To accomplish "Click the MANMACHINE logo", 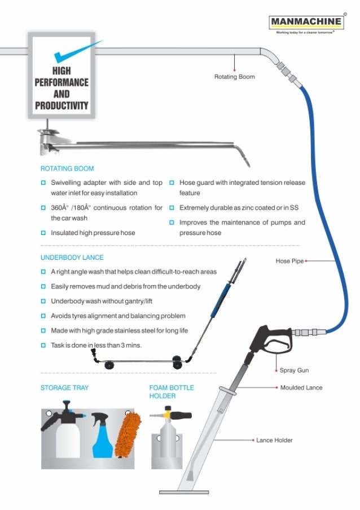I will click(306, 23).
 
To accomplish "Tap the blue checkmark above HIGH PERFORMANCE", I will click(73, 51).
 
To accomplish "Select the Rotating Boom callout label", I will click(234, 77).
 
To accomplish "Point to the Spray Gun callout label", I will click(294, 370).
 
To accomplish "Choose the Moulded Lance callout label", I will click(301, 388).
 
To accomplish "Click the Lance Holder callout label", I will click(274, 439).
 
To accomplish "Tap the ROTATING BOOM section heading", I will click(67, 168).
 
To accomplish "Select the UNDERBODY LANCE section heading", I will click(72, 258).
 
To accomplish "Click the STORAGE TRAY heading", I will click(64, 388).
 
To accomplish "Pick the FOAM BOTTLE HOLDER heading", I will click(171, 391).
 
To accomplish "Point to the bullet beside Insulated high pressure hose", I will click(43, 233).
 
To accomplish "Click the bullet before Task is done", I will click(43, 345).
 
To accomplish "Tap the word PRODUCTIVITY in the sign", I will click(62, 105).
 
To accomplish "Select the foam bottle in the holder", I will click(168, 438).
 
